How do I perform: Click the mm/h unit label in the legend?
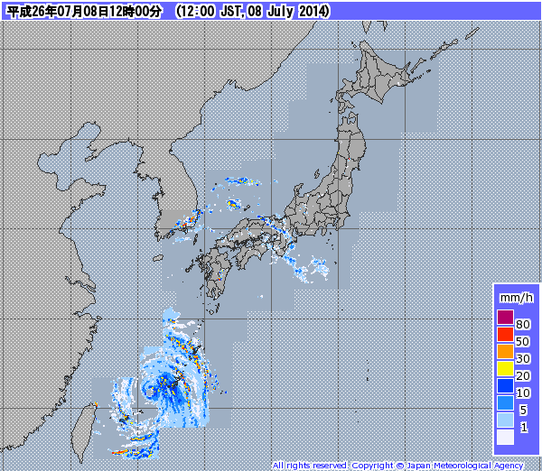click(516, 297)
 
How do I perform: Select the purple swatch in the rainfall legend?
click(505, 318)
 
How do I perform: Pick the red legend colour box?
click(505, 335)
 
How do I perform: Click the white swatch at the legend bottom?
click(505, 438)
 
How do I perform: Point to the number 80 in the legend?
click(522, 324)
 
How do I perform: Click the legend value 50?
click(522, 341)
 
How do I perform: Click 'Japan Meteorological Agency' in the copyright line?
click(464, 466)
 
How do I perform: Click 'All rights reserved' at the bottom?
click(309, 466)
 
